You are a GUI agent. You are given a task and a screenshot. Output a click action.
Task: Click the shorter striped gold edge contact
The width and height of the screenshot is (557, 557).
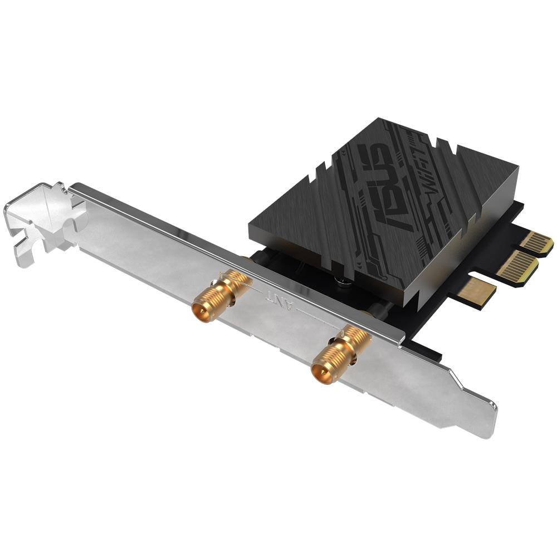(538, 243)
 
